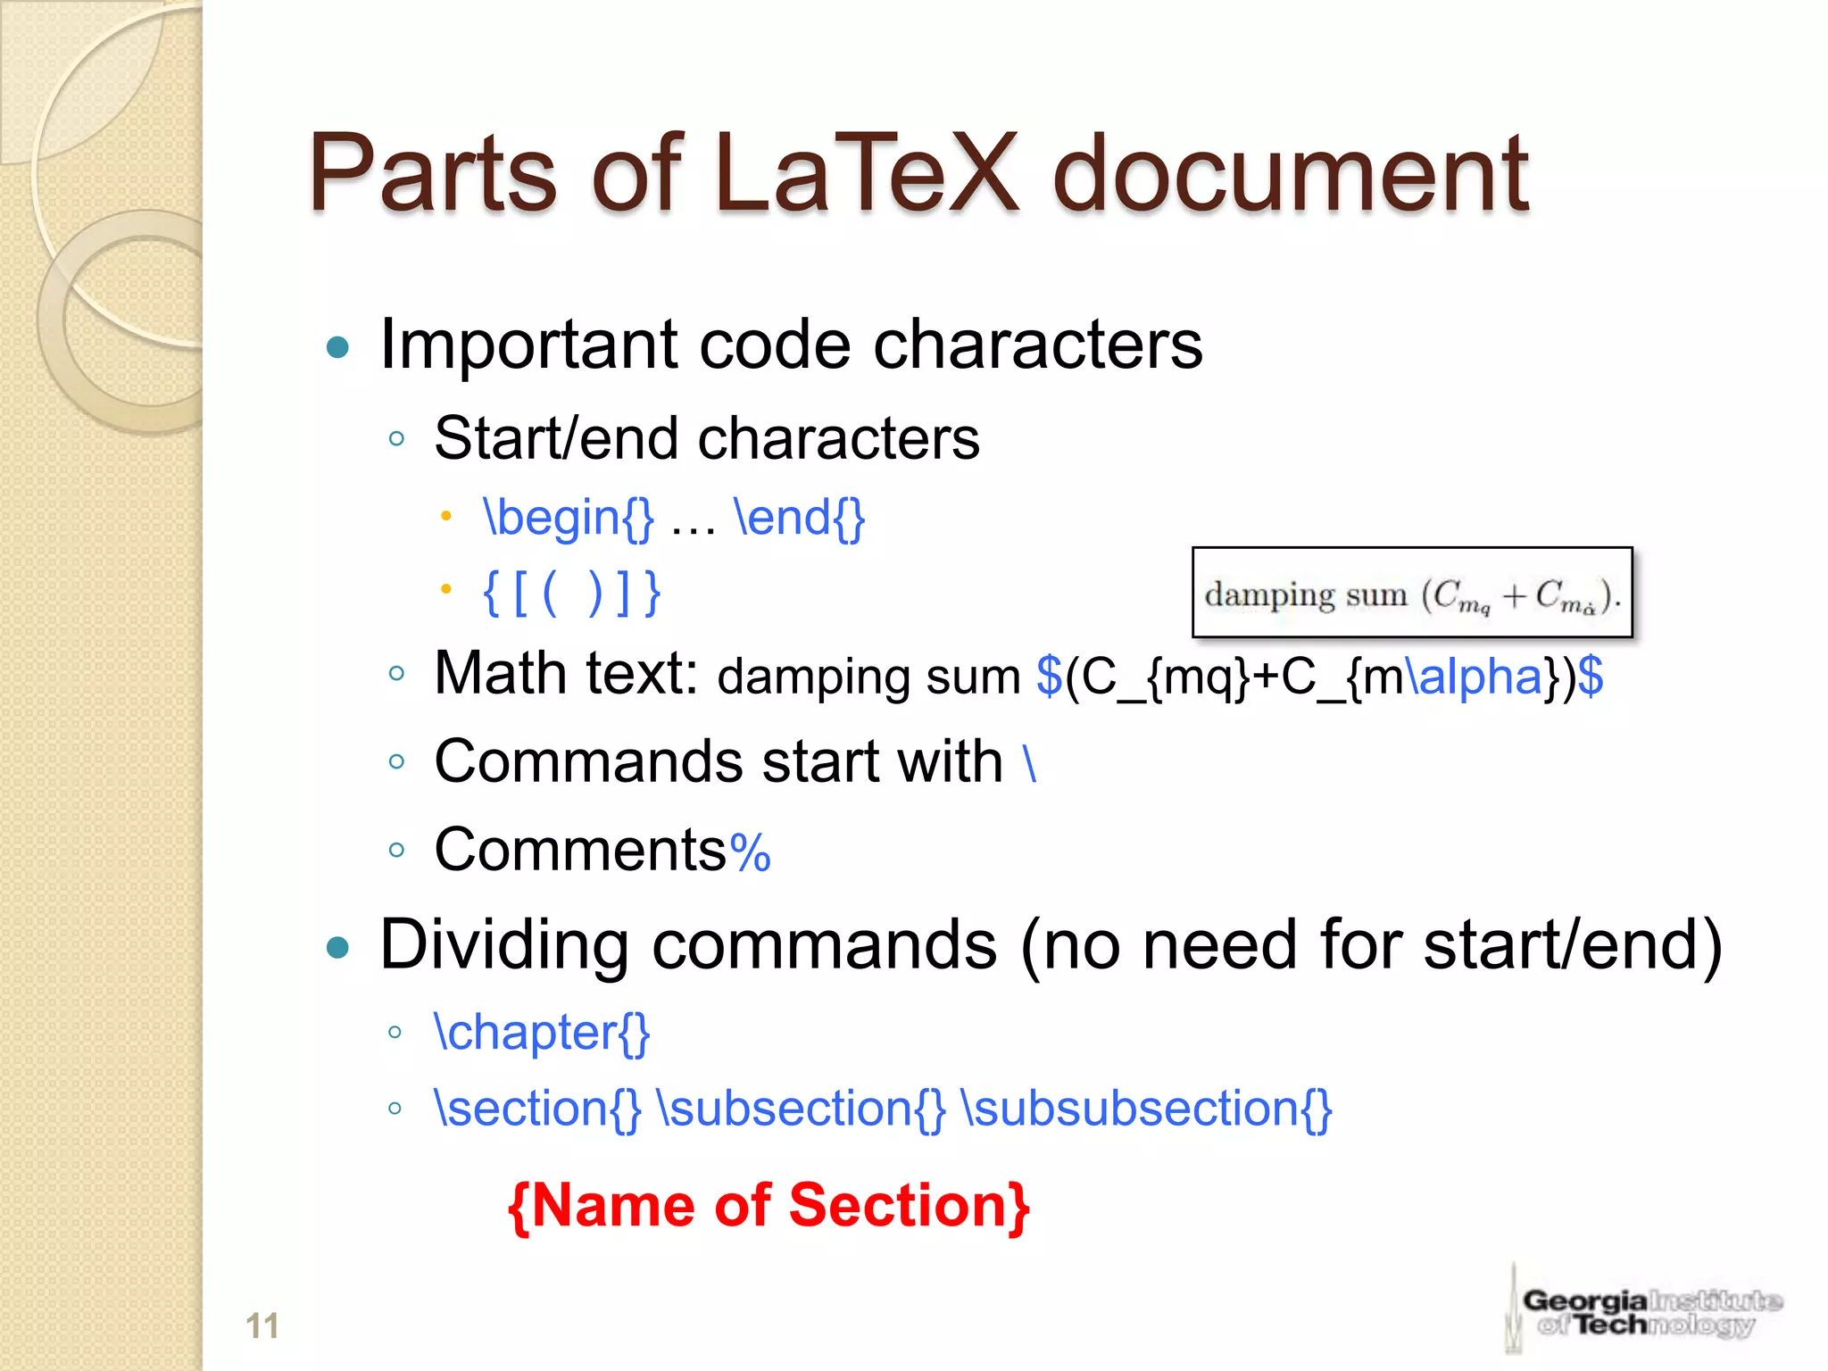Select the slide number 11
coord(262,1325)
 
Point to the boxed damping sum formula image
coord(1412,593)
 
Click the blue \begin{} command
coord(569,518)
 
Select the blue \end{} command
coord(799,518)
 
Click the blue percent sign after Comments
coord(750,852)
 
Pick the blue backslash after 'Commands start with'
coord(1030,764)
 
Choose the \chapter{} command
coord(542,1034)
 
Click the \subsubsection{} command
coord(1146,1109)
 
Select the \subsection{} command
coord(801,1109)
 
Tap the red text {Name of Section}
coord(769,1207)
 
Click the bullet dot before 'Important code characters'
coord(337,347)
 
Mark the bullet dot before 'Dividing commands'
coord(337,947)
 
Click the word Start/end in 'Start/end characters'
coord(557,439)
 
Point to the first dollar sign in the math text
coord(1049,677)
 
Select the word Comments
coord(580,850)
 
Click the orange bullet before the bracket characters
coord(446,589)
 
